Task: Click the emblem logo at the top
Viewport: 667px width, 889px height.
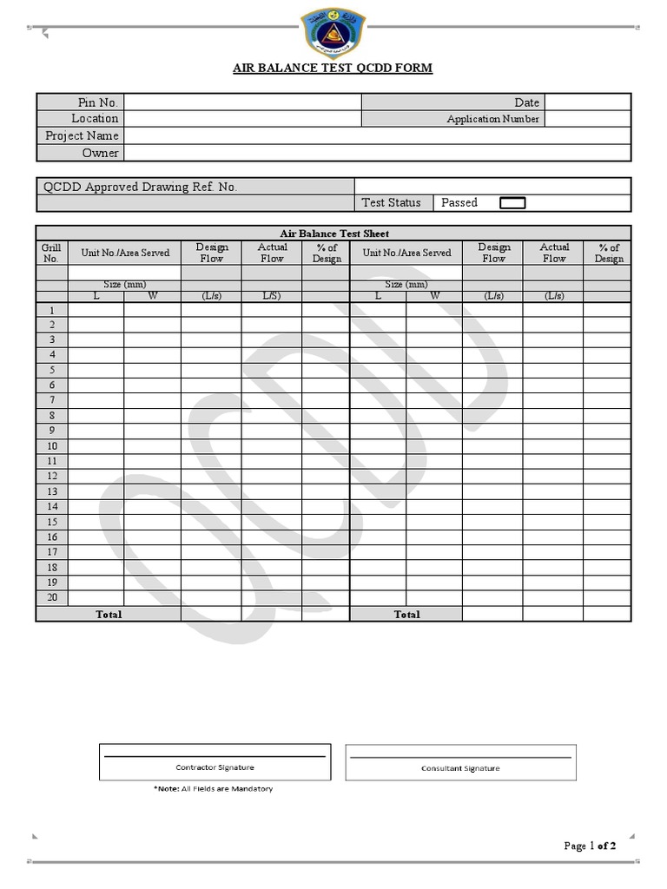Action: [333, 32]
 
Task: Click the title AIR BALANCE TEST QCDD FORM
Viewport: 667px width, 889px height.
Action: [333, 68]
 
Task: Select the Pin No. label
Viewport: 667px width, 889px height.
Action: [98, 102]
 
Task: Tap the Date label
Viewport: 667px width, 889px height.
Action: [526, 102]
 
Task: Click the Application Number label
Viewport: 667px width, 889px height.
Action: [492, 119]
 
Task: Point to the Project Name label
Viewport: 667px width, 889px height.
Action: [82, 135]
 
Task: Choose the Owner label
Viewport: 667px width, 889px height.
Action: [100, 153]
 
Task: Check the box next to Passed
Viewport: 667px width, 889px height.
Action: [513, 203]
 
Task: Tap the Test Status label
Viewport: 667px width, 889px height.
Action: [391, 202]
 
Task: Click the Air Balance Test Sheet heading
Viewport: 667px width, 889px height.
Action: [333, 234]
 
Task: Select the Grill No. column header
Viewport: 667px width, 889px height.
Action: [51, 253]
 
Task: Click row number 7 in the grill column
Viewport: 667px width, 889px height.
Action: [52, 400]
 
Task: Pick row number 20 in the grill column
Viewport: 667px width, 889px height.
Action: [51, 597]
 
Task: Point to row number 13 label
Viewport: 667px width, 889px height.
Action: [51, 491]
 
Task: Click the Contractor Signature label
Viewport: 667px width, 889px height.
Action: [215, 767]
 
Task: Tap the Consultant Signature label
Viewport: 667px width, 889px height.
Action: [460, 767]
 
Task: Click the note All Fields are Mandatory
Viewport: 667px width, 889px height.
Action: [213, 788]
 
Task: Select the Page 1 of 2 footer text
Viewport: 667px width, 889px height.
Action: [590, 846]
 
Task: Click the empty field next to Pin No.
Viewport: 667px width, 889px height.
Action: [242, 102]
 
